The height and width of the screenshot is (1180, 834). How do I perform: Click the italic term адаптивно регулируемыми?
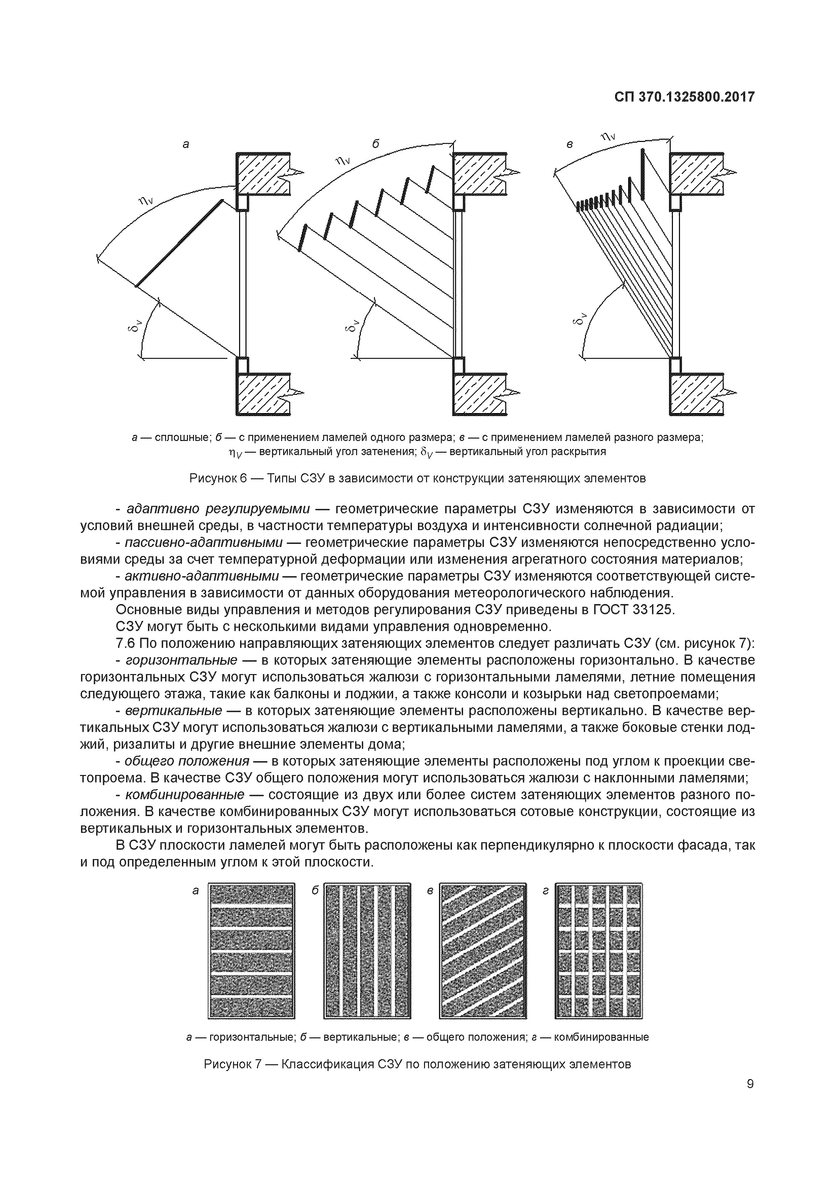[x=218, y=509]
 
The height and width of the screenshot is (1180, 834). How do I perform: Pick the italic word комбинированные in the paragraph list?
[x=185, y=795]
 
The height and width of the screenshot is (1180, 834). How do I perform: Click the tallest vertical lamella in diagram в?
[x=642, y=174]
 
